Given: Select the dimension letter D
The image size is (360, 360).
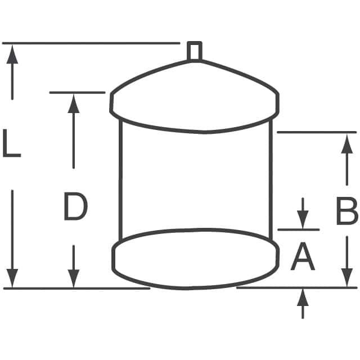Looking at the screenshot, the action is coord(75,206).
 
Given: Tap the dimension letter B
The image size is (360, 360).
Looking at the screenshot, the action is coord(347,210).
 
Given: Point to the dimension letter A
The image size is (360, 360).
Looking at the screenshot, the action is coord(303,256).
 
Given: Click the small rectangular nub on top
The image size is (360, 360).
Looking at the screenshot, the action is coord(195,51).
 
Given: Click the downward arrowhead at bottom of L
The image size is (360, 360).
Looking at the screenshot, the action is coord(12,278).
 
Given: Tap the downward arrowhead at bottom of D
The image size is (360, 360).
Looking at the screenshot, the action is coord(74,278).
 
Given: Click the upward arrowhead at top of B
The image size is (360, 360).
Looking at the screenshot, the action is coord(347,144).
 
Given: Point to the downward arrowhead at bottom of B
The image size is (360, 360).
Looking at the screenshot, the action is coord(347,277).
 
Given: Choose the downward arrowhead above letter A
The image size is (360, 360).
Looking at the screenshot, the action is coord(303,219).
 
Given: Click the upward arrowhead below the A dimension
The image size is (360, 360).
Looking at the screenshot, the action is coord(303,298).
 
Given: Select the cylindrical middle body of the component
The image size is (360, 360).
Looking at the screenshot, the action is coord(121,179).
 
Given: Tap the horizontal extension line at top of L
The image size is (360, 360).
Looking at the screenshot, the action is coord(91,43).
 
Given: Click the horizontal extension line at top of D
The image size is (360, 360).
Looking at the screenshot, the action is coord(78,92).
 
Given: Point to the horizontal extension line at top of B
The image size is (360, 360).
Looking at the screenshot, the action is coord(317,132).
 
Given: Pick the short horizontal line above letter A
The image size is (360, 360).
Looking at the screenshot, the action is coord(299,229).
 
